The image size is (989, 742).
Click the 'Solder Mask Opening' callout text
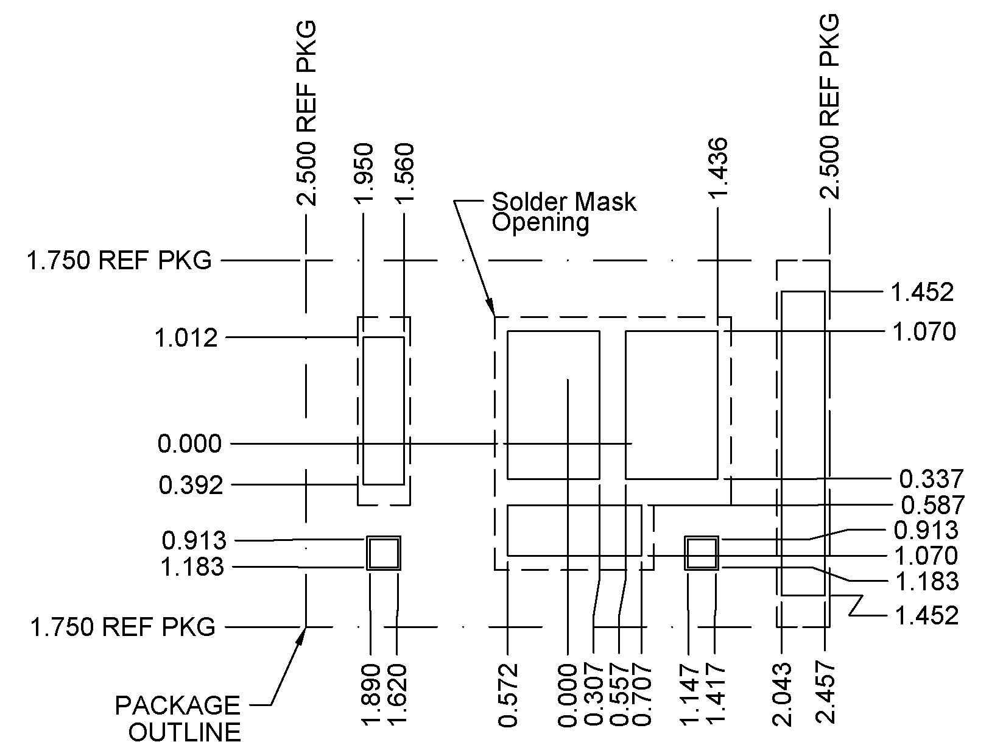(563, 212)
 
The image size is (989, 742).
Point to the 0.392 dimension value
(191, 486)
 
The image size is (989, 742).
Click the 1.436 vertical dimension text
(719, 168)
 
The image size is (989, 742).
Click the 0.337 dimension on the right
(931, 479)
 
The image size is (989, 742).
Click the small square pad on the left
(384, 553)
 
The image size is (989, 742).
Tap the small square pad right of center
(702, 553)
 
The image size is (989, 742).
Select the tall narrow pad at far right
(803, 443)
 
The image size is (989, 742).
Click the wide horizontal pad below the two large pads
(574, 530)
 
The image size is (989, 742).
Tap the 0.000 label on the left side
(189, 444)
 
